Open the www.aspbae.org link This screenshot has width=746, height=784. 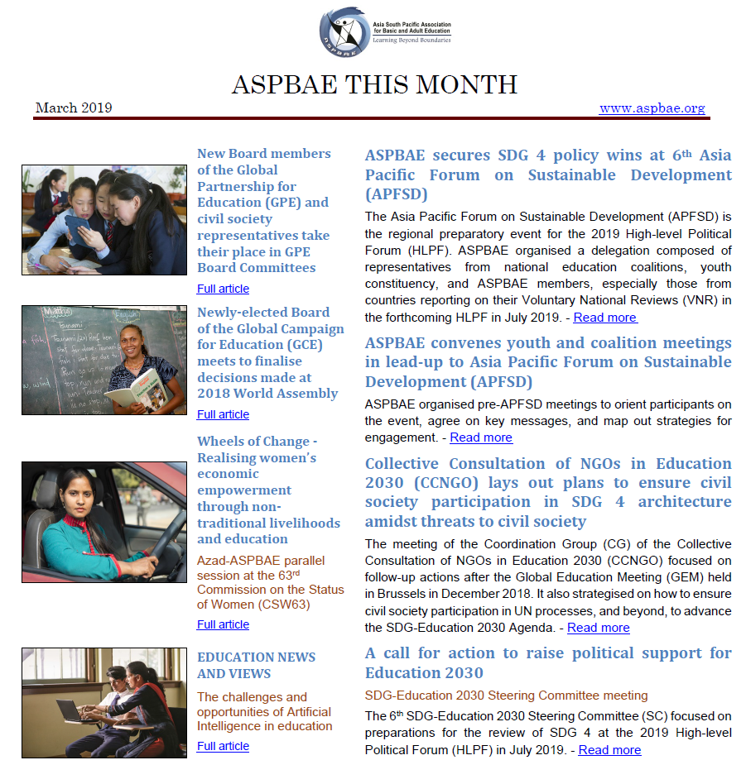pos(652,108)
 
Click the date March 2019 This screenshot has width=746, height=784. pos(74,108)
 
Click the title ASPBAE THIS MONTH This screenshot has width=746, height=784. pos(373,84)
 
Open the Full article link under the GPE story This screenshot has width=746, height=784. pos(223,289)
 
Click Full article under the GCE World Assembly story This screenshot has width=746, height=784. pos(223,414)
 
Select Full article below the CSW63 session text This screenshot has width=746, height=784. pos(223,624)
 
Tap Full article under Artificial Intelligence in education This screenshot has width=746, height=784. pos(223,746)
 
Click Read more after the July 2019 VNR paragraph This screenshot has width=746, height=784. pos(604,318)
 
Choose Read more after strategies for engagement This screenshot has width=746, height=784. pos(481,437)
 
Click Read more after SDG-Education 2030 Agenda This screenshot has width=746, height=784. pos(598,628)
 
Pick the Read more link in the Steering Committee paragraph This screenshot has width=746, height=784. pos(609,750)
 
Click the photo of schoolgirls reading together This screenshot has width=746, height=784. pos(103,219)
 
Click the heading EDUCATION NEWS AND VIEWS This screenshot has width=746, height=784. pos(256,665)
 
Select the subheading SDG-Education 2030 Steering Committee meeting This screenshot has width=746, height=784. pos(506,696)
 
